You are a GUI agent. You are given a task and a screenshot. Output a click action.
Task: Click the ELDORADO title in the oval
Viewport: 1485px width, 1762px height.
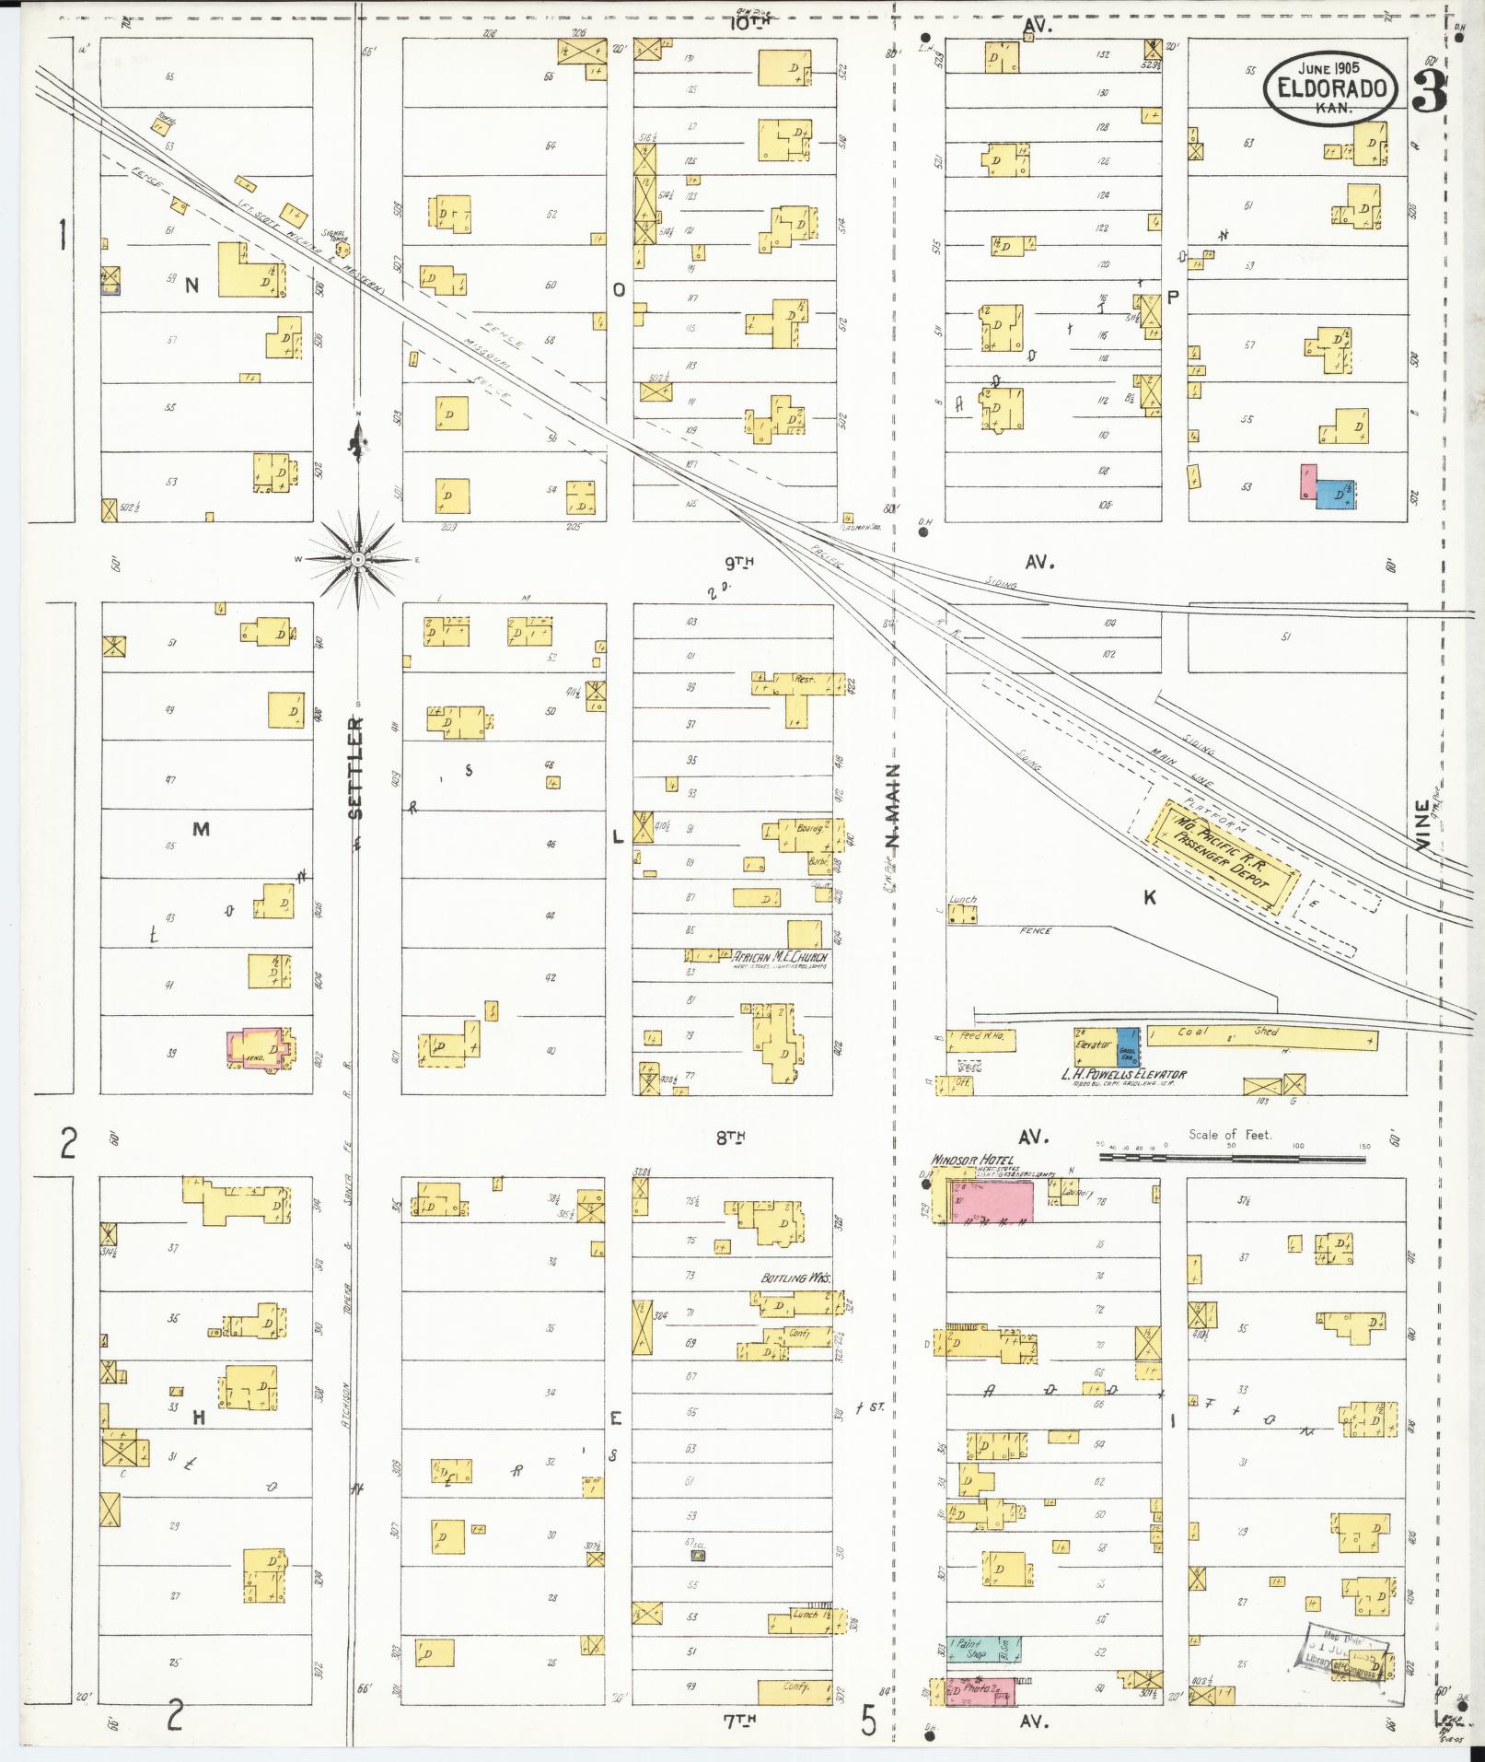(1332, 88)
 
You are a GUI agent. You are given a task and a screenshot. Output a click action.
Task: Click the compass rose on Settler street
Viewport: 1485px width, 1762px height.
(358, 558)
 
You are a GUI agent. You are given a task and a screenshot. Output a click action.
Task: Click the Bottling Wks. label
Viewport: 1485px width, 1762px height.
(795, 1278)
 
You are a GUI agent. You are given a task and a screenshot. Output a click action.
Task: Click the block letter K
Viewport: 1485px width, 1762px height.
(1149, 897)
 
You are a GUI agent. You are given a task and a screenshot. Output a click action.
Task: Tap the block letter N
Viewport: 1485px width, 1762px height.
(191, 286)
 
